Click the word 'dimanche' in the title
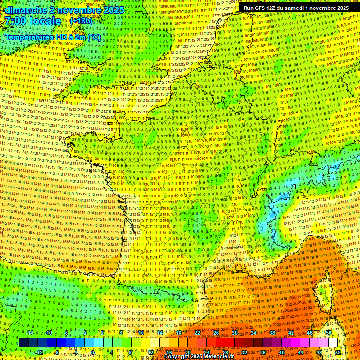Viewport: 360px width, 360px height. tap(22, 10)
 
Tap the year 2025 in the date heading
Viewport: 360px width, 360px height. tap(113, 10)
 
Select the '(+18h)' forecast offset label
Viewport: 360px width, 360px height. tap(81, 22)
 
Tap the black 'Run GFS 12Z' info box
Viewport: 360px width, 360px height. tap(296, 8)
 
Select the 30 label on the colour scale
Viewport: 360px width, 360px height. tap(234, 333)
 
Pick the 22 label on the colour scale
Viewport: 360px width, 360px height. tap(197, 333)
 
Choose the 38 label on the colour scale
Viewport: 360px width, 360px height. tap(272, 333)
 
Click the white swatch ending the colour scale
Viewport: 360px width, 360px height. tap(333, 343)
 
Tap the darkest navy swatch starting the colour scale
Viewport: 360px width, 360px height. tap(23, 343)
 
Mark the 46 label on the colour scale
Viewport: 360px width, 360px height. tap(310, 333)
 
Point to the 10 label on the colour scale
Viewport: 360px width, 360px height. tap(141, 333)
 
